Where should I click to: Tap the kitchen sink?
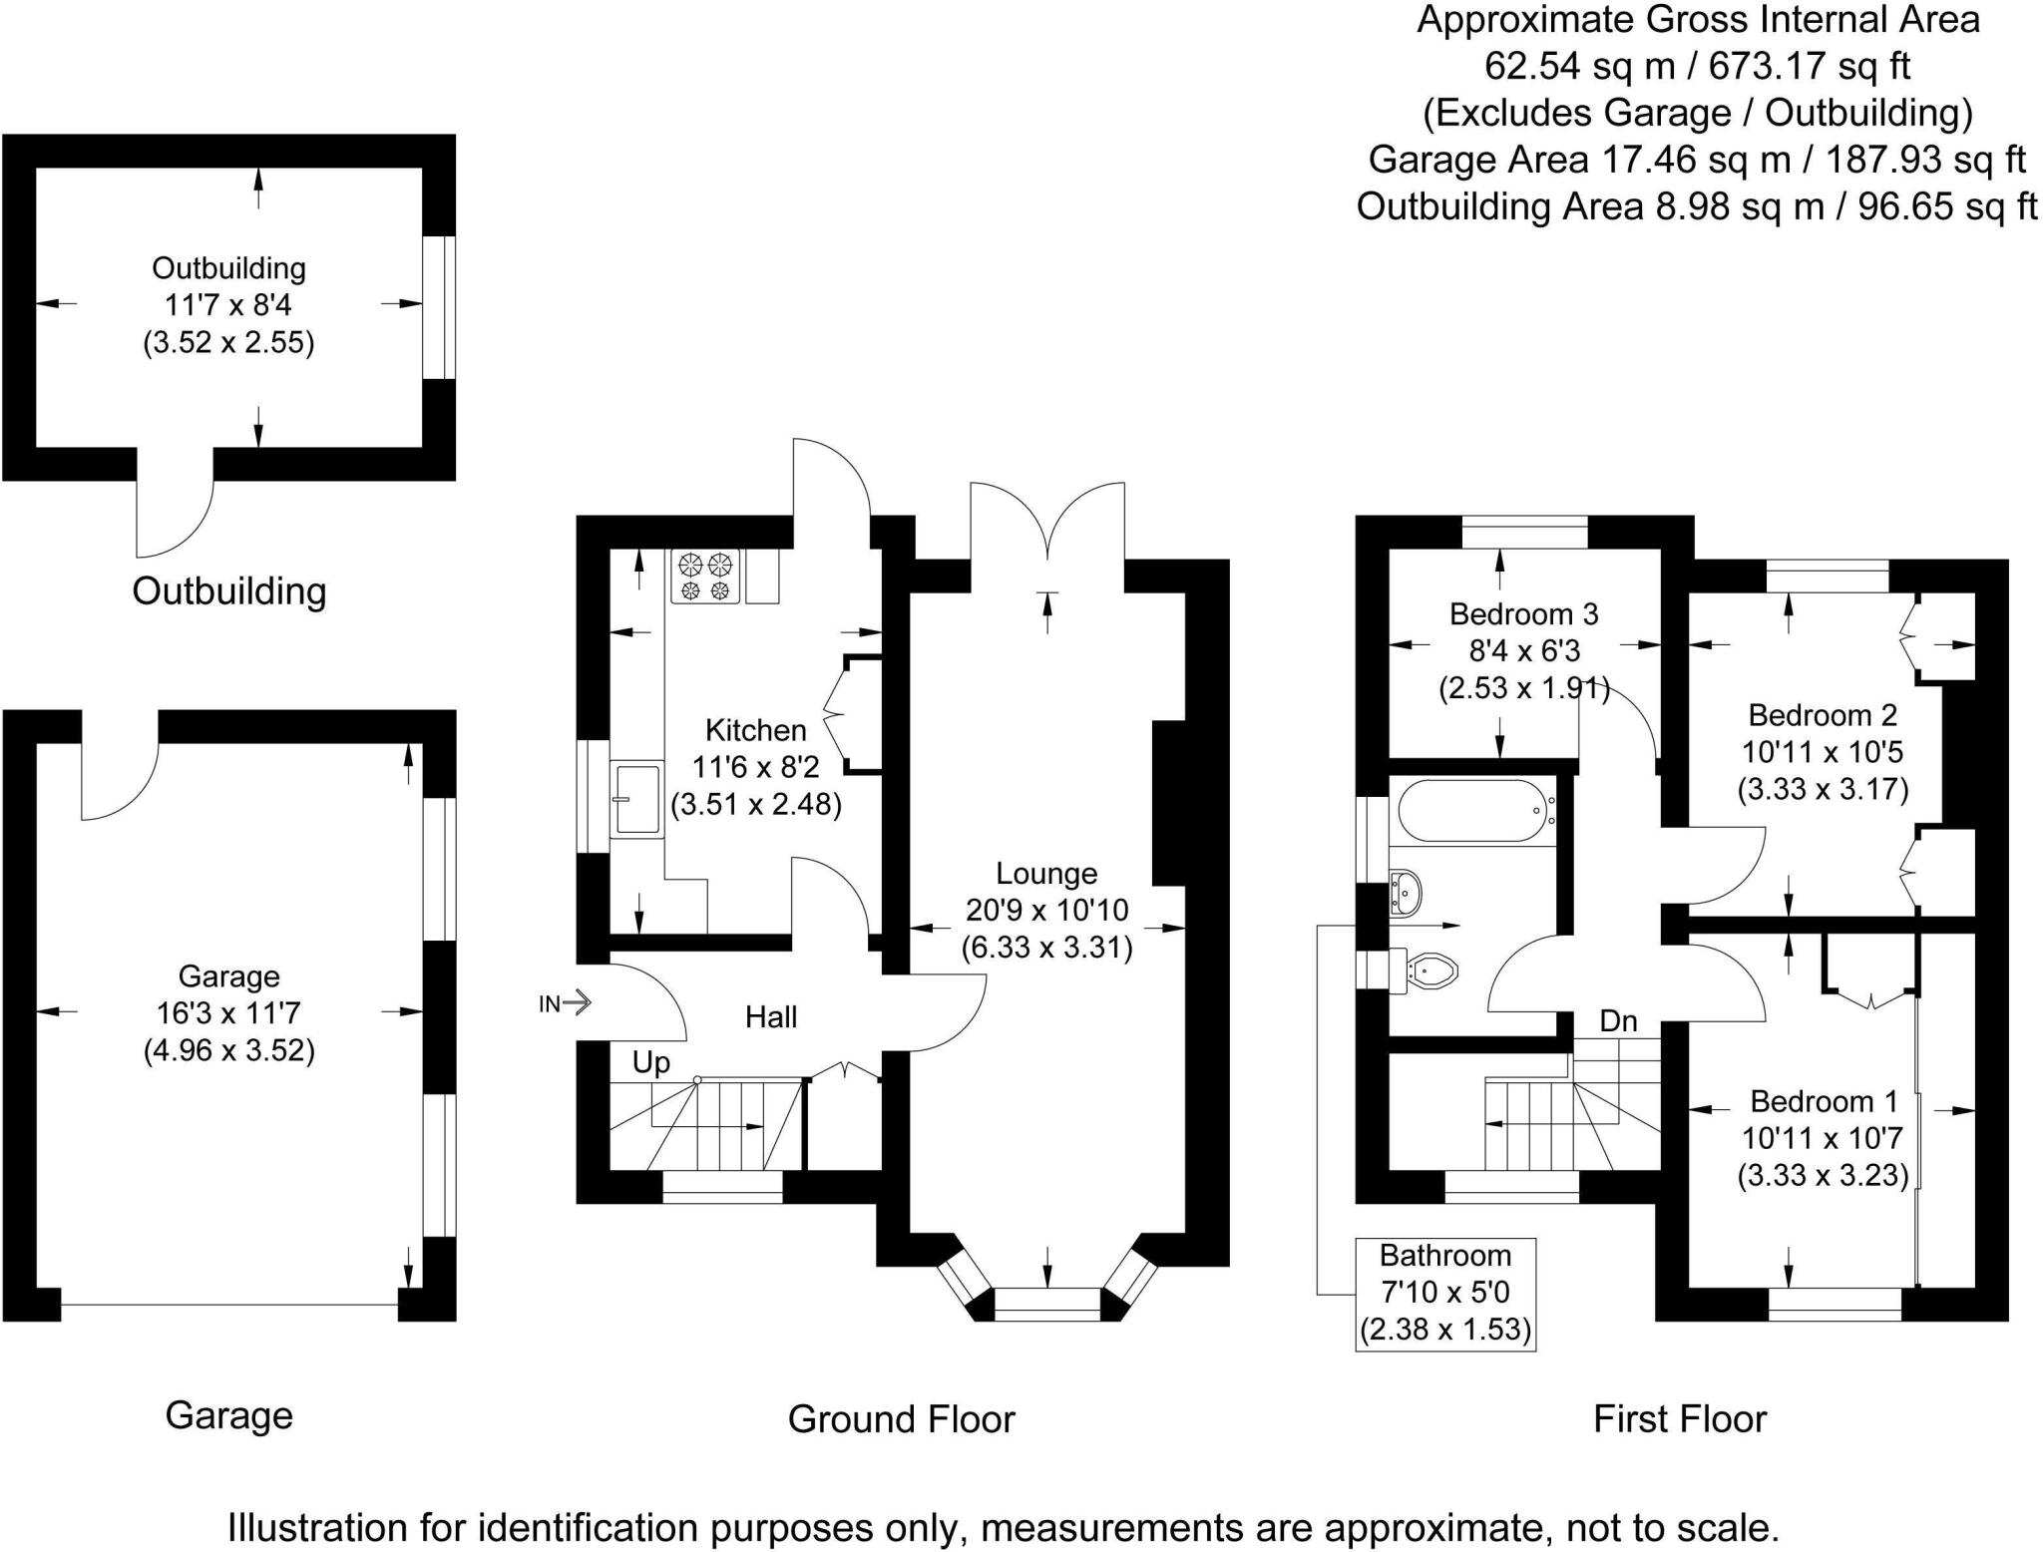(x=635, y=798)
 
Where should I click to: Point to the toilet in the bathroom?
(x=1431, y=968)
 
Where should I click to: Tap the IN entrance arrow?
(x=566, y=1003)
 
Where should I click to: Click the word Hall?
(x=771, y=1017)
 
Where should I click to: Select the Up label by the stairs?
(x=651, y=1063)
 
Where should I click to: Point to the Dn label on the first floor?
(x=1618, y=1021)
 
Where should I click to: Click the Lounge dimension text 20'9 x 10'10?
(x=1046, y=910)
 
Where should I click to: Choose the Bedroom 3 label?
(x=1523, y=613)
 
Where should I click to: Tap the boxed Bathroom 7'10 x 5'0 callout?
(x=1444, y=1294)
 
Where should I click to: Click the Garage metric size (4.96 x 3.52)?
(x=229, y=1051)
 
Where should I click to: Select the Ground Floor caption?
(x=901, y=1419)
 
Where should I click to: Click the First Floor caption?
(x=1680, y=1419)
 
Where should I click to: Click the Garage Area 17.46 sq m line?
(x=1697, y=160)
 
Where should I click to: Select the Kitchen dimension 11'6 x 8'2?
(x=755, y=767)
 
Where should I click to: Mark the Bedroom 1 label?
(x=1824, y=1101)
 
